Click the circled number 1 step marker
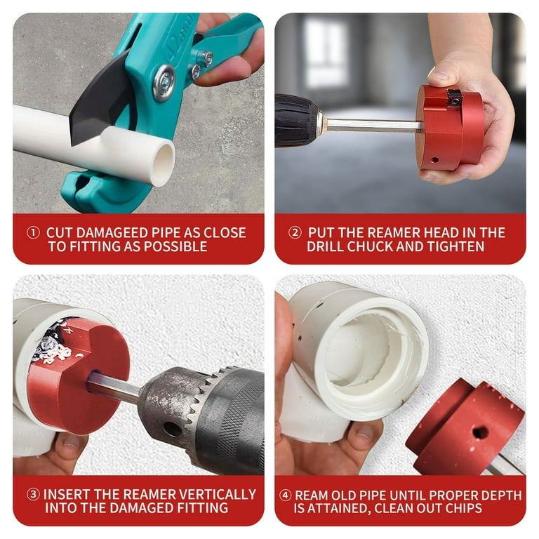coord(33,233)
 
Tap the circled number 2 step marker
coord(295,233)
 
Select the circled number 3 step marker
coord(33,494)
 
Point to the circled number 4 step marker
coord(286,495)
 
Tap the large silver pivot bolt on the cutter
coord(164,84)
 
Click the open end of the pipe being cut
coord(163,164)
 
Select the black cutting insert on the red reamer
coord(454,98)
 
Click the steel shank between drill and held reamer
coord(373,125)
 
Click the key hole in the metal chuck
coord(173,429)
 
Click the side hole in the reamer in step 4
coord(480,432)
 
